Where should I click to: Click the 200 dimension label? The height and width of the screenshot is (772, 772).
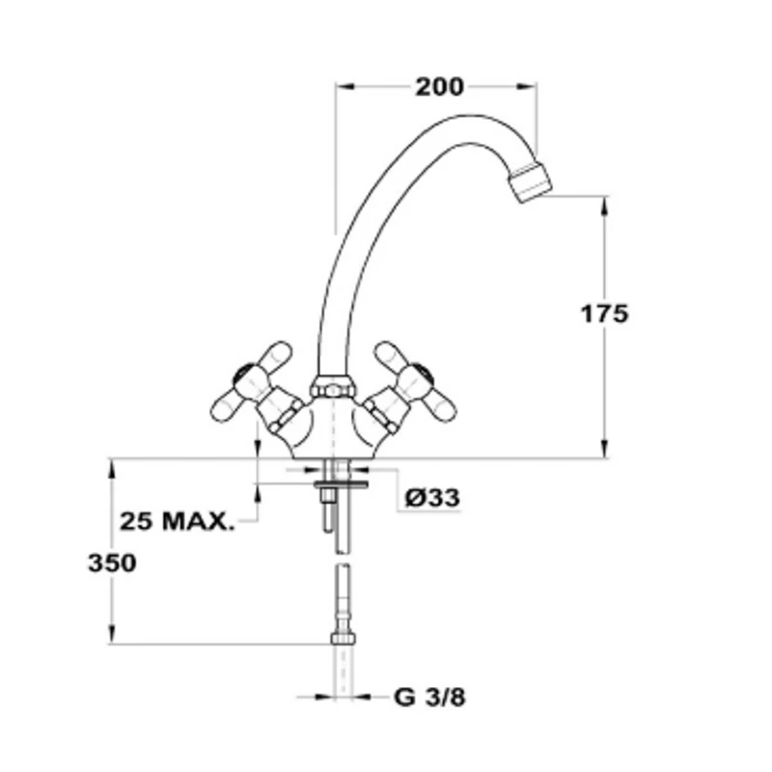439,87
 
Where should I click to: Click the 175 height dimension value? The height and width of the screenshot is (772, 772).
605,314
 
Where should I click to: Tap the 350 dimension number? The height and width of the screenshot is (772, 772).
112,563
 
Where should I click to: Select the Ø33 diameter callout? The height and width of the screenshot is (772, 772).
432,498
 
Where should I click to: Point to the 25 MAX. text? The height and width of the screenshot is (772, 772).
178,521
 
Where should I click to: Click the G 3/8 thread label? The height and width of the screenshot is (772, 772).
429,697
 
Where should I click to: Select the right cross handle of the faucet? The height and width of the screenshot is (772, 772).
414,385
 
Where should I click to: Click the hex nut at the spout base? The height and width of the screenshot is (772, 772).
332,387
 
